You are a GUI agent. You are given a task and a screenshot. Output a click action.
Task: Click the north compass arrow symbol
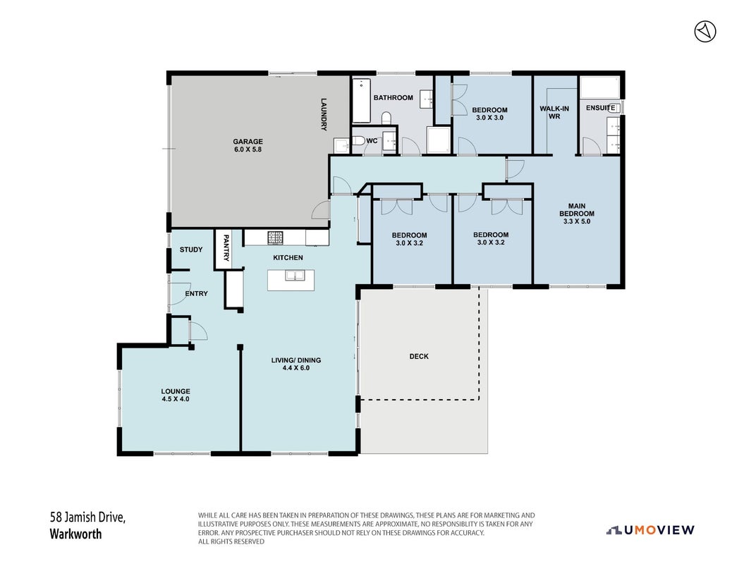click(x=705, y=32)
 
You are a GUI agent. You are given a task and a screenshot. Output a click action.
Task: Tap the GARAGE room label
click(x=248, y=142)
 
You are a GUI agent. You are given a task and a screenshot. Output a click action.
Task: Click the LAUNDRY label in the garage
click(x=324, y=114)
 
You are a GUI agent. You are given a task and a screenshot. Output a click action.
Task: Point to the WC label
click(x=372, y=141)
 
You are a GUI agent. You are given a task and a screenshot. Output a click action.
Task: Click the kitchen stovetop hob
click(x=275, y=237)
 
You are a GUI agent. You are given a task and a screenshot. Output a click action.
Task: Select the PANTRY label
click(x=226, y=247)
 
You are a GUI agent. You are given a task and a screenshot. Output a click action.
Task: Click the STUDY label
click(x=191, y=250)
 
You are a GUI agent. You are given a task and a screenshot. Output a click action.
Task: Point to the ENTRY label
click(x=197, y=293)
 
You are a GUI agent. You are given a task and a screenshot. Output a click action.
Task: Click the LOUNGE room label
click(x=176, y=391)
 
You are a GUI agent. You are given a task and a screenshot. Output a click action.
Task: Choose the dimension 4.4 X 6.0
click(x=296, y=367)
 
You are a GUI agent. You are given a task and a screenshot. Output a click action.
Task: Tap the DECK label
click(x=419, y=356)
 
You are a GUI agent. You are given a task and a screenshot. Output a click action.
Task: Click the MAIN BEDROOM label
click(x=577, y=209)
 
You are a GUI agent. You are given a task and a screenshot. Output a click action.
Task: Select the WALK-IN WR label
click(x=554, y=112)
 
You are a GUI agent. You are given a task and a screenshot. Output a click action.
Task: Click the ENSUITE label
click(x=601, y=108)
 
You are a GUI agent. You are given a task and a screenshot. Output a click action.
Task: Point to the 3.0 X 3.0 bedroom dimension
click(x=489, y=118)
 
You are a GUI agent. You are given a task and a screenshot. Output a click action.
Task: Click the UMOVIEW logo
click(x=650, y=530)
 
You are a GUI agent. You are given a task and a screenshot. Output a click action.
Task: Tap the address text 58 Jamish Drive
click(x=87, y=517)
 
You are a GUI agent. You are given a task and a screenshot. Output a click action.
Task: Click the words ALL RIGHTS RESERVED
click(x=231, y=541)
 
